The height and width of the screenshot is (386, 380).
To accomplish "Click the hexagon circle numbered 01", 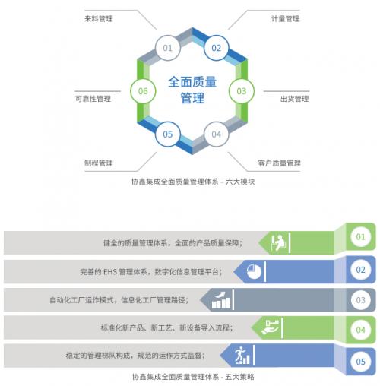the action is tap(168, 48).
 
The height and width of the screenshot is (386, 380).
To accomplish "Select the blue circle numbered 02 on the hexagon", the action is tap(217, 48).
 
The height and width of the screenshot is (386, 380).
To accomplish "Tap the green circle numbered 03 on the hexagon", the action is tap(242, 91).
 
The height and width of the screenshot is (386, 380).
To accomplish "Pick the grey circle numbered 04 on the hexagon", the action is tap(217, 134).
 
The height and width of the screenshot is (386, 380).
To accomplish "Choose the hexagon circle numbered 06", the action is tap(143, 91).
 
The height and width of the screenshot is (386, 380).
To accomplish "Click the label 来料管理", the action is tap(99, 19).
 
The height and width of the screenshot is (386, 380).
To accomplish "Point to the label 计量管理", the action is tap(286, 19).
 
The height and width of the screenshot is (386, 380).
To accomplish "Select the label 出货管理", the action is tap(294, 99).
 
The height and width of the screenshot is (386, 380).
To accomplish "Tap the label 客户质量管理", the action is tap(280, 163).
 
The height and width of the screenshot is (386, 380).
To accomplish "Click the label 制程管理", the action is tap(99, 163).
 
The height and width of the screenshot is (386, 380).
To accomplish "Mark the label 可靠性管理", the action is tap(93, 99).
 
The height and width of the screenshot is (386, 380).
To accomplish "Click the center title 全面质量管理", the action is tap(192, 90).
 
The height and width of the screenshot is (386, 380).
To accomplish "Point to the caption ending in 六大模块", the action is tap(193, 182).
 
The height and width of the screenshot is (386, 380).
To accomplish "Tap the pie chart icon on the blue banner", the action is tap(254, 271).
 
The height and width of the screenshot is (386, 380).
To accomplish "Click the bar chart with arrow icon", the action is tap(221, 300).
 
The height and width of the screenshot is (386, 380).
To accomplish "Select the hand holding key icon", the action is tap(270, 327).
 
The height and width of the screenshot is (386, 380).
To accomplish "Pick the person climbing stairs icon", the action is tap(242, 356).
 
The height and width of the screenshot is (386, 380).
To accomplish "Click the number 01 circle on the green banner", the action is tap(360, 237).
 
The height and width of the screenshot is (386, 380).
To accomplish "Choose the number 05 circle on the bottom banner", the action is tap(360, 362).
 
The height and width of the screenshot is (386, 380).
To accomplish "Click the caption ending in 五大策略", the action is tap(193, 377).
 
